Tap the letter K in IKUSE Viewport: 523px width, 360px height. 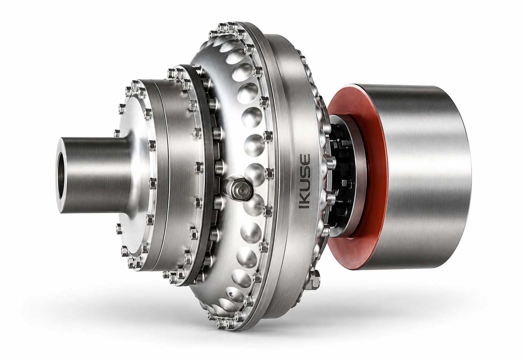(305, 197)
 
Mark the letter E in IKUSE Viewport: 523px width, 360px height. (305, 159)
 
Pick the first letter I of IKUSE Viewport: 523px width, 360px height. (305, 206)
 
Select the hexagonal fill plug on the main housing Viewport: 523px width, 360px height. (238, 187)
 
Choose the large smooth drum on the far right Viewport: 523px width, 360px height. (420, 177)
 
